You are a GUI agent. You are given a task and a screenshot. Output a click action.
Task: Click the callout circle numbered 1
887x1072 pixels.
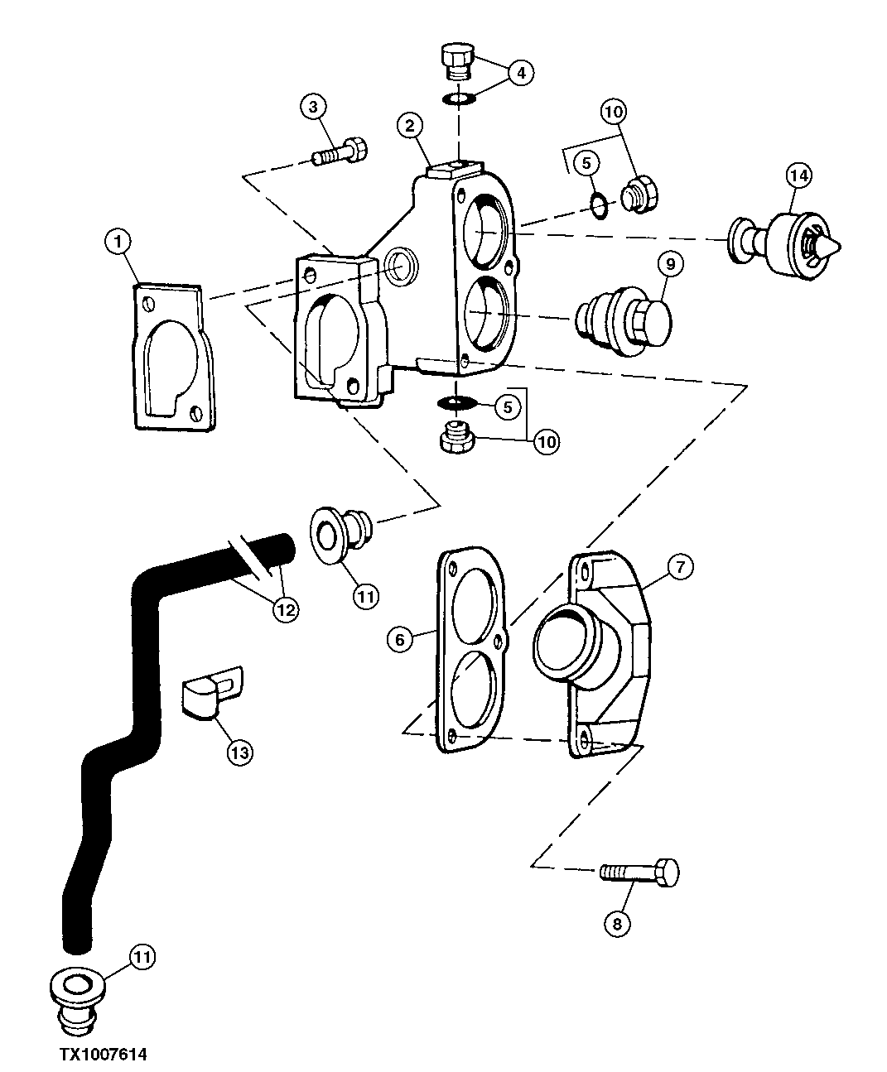(x=118, y=242)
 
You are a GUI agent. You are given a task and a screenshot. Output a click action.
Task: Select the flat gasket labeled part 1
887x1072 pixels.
(x=172, y=357)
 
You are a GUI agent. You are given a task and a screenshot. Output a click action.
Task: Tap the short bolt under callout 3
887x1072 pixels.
(x=340, y=151)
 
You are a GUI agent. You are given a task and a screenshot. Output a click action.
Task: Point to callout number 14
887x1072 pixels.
(x=799, y=175)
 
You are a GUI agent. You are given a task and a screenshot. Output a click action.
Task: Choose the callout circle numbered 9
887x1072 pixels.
(x=669, y=264)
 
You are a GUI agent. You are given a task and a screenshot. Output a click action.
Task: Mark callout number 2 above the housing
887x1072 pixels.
(x=410, y=126)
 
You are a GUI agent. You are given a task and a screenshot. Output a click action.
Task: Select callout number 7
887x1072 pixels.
(x=679, y=567)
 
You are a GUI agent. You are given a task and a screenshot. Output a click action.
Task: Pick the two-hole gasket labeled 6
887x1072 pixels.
(x=469, y=648)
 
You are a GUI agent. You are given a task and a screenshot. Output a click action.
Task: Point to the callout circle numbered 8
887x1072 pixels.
(x=617, y=923)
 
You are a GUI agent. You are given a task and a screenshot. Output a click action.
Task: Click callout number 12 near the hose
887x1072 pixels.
(x=286, y=608)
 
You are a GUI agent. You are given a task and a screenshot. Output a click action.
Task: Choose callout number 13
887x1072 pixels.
(x=239, y=752)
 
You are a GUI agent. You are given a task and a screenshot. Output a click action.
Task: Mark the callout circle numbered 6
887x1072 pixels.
(x=400, y=639)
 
